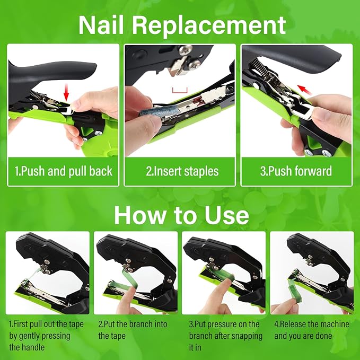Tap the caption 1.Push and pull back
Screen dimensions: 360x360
click(64, 171)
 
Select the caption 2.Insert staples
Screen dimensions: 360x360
click(182, 171)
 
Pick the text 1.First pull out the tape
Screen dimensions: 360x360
click(47, 324)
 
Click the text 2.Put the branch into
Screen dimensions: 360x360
click(133, 324)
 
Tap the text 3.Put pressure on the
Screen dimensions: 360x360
click(224, 324)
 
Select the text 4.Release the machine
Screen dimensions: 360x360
click(312, 324)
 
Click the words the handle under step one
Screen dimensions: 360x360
click(27, 348)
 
